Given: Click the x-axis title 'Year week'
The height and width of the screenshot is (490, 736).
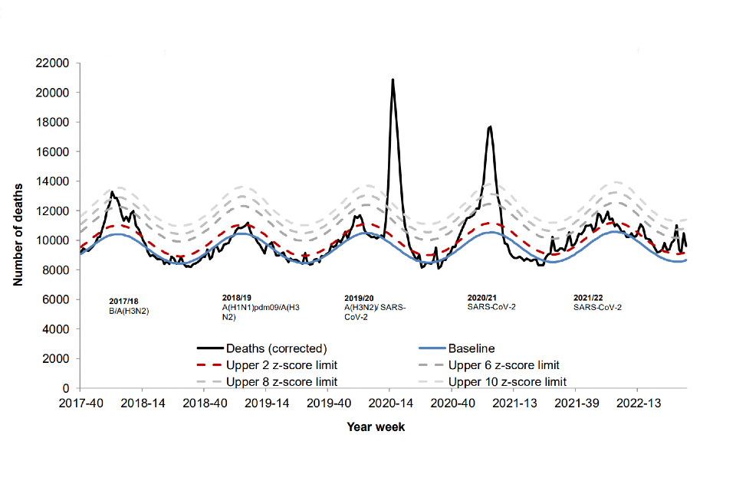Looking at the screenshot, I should click(x=376, y=427).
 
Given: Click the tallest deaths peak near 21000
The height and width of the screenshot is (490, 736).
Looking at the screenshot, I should click(x=393, y=80).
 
